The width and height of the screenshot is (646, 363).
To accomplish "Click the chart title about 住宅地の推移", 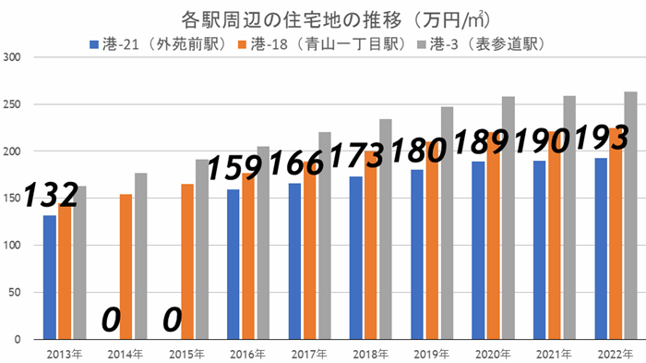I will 322,19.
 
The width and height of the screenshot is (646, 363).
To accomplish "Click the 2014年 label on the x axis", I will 125,354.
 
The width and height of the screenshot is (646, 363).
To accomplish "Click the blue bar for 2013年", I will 49,277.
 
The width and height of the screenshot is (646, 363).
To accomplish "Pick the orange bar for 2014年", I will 126,267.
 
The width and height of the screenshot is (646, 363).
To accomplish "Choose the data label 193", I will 602,138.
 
